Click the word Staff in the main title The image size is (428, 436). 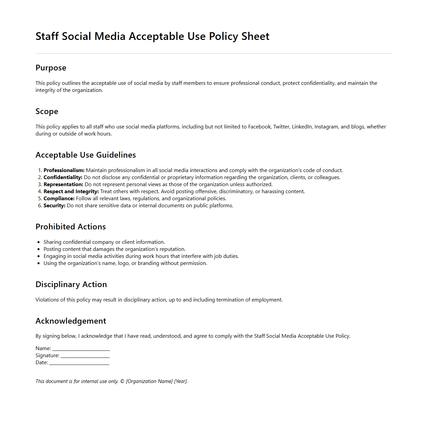click(47, 36)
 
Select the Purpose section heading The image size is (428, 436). click(51, 68)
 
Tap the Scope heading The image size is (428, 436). click(47, 111)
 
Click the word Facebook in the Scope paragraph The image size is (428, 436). click(259, 127)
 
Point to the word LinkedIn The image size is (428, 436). click(302, 127)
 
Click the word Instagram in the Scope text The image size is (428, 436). click(326, 127)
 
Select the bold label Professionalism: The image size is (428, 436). click(64, 170)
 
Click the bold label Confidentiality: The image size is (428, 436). click(63, 177)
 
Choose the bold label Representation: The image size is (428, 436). click(63, 184)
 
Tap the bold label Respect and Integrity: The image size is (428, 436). click(71, 192)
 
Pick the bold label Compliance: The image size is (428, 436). click(59, 199)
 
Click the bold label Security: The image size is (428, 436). click(54, 206)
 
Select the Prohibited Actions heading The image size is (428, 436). click(71, 227)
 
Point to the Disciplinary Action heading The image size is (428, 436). click(71, 284)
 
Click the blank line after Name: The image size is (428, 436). click(81, 349)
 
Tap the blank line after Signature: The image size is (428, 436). click(85, 356)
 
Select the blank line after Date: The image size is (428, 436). click(79, 363)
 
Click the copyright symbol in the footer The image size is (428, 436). click(122, 381)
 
